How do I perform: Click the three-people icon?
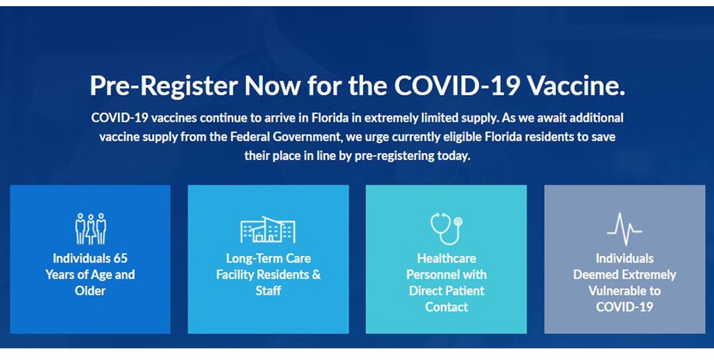coord(90,228)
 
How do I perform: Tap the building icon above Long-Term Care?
coord(268,229)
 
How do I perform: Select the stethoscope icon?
coord(446,228)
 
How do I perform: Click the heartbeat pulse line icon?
coord(624,229)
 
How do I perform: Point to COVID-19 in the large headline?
coord(457,85)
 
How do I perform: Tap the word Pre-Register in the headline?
coord(164,86)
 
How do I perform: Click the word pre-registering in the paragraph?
coord(395,156)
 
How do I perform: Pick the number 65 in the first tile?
coord(121,258)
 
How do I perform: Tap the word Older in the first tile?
coord(90,291)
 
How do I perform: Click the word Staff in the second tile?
coord(268,291)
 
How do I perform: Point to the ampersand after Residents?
coord(316,275)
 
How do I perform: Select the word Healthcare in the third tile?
coord(446,258)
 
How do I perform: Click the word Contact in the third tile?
coord(446,307)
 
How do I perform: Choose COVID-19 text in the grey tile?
coord(624,307)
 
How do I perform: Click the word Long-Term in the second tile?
coord(253,259)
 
